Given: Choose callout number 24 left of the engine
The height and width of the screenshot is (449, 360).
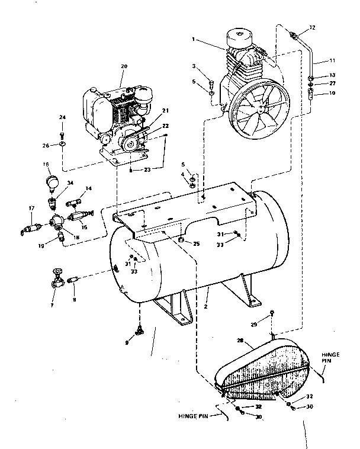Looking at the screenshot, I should coord(62,117).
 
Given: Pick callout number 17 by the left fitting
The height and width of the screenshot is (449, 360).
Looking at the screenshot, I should coord(31,207).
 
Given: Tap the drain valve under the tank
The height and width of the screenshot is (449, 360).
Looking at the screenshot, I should coord(140,330).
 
